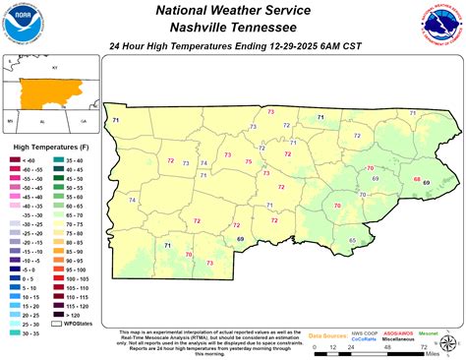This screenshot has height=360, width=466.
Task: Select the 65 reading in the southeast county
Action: (353, 241)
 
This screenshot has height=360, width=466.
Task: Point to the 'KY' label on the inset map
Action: (55, 68)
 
